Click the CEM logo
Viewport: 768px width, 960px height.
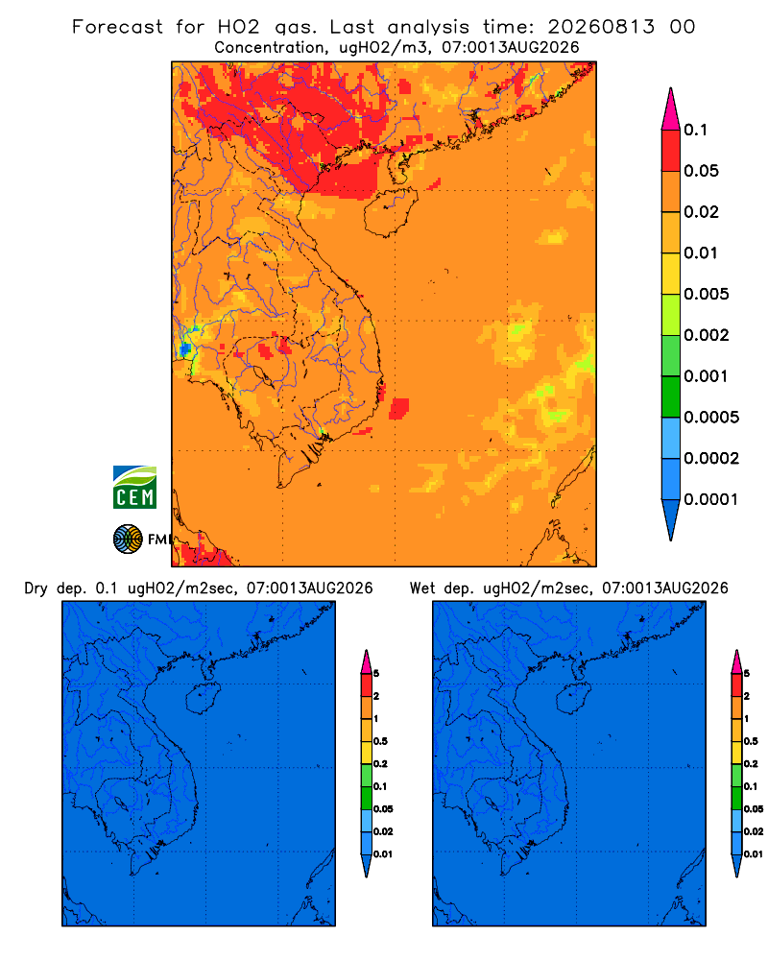pos(134,487)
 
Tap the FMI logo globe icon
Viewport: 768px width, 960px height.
pos(128,540)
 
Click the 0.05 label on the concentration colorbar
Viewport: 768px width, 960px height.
pos(701,171)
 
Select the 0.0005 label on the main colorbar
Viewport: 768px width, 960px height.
pos(711,418)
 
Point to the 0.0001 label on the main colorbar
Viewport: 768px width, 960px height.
pos(711,499)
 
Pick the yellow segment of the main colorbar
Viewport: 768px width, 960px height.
pos(671,274)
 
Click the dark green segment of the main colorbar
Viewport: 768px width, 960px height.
pos(671,396)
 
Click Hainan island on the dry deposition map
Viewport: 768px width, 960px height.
pos(203,698)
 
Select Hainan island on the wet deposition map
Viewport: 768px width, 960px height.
pos(574,698)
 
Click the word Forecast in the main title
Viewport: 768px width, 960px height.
pos(117,27)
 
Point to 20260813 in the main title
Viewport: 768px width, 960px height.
pos(601,27)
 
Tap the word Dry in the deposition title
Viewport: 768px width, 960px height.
pos(36,588)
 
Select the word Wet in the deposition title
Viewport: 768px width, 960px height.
pos(423,588)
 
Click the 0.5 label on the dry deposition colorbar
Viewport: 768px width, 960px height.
pos(380,741)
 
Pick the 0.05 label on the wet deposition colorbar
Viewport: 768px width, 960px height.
pos(754,808)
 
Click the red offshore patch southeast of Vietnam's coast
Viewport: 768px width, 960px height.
pos(399,408)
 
